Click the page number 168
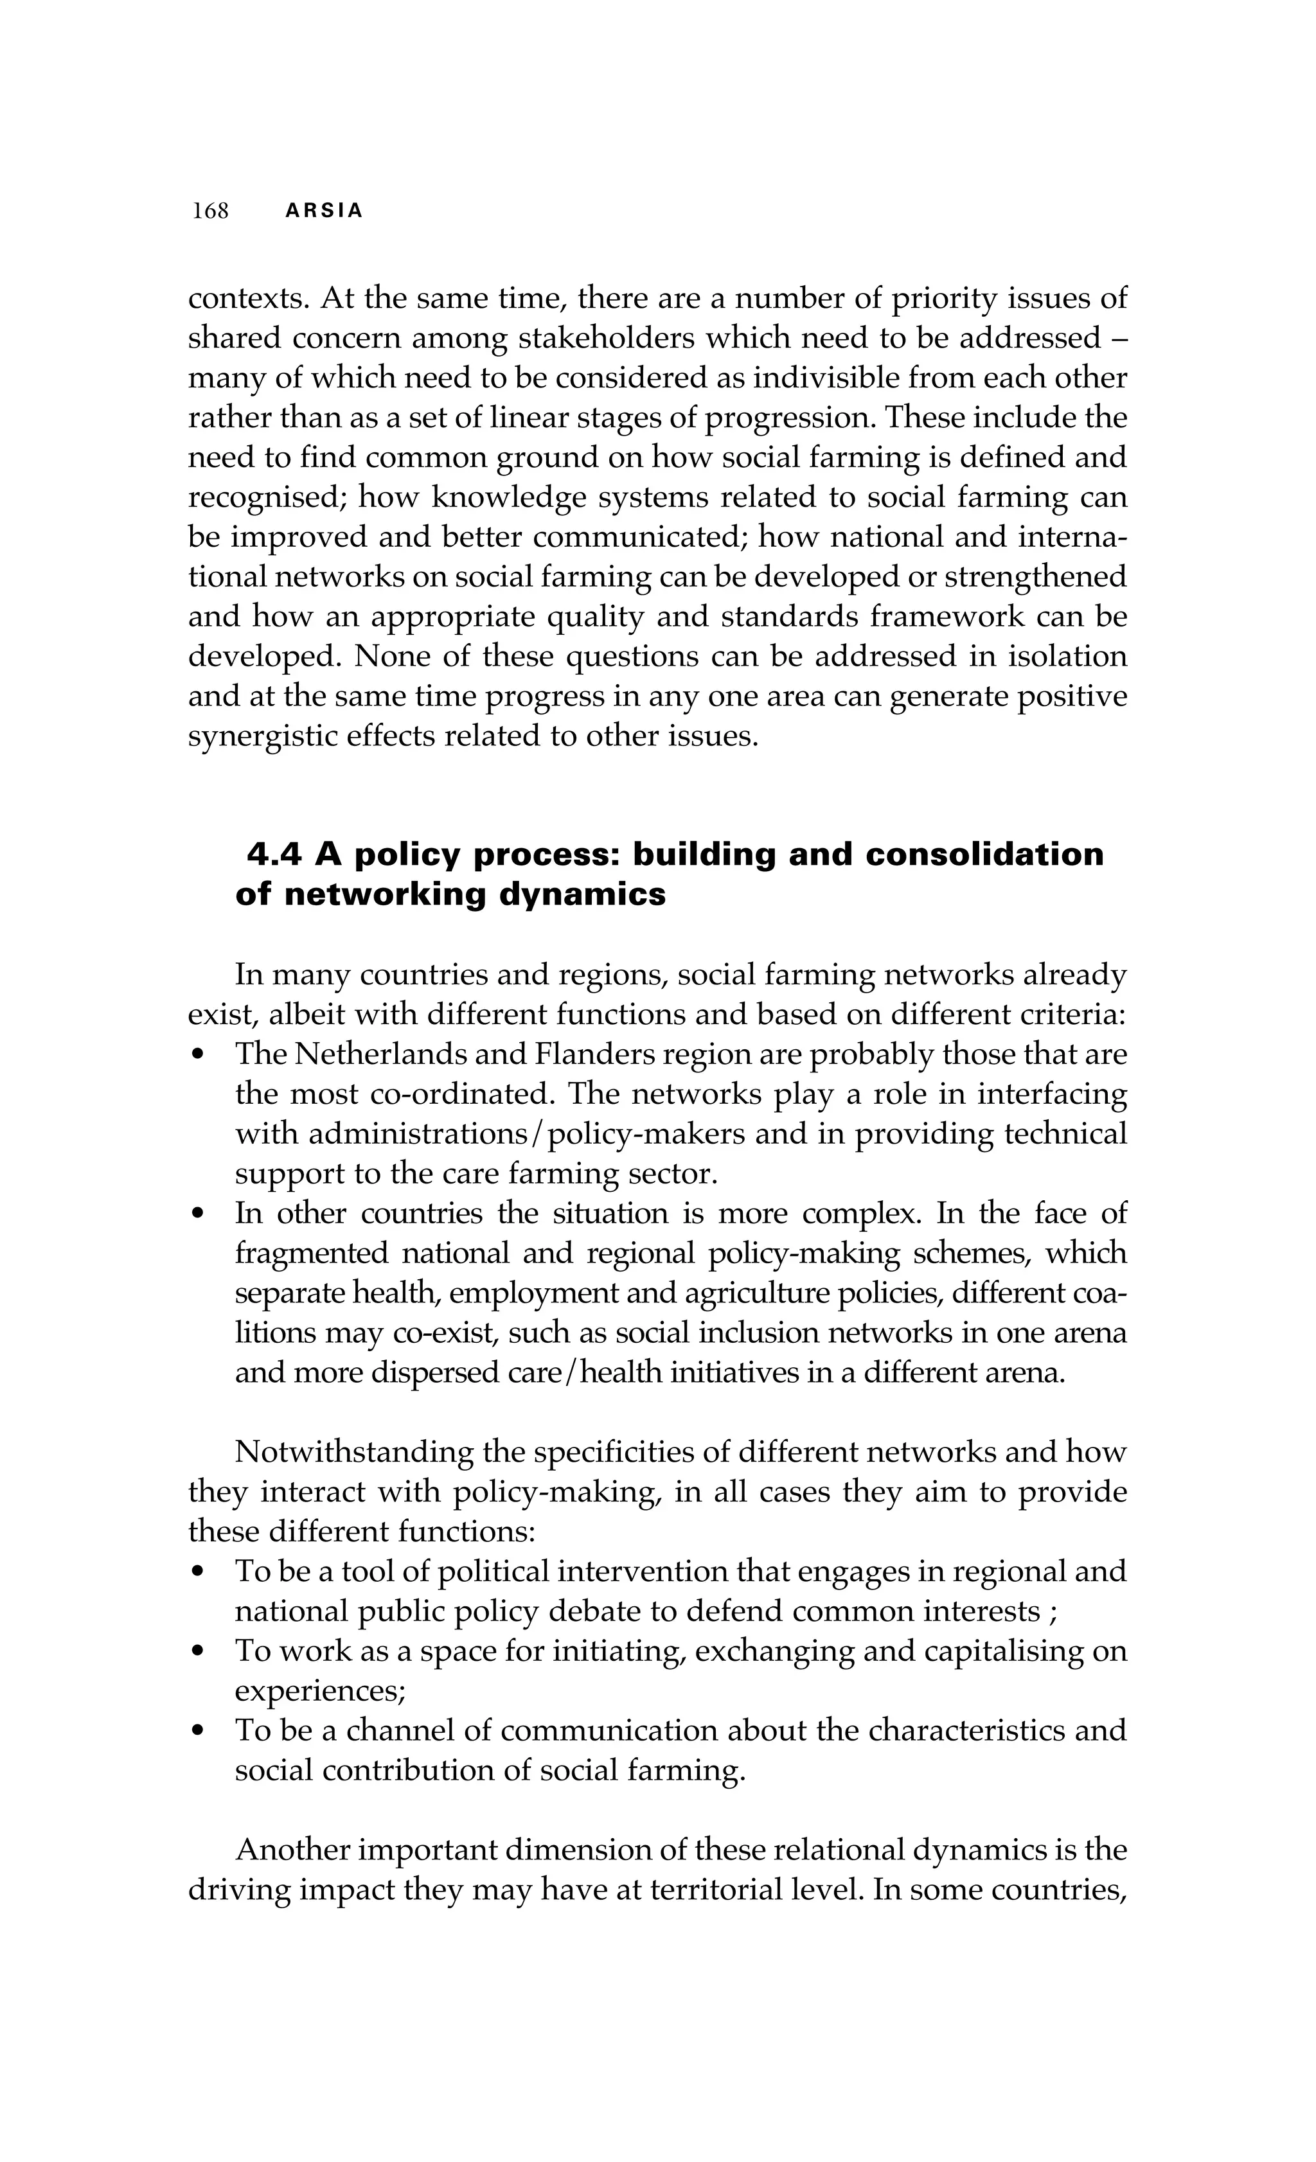[211, 211]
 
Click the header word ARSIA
[324, 211]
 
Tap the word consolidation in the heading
[984, 855]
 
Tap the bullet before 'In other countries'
[199, 1215]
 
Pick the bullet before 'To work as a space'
[199, 1653]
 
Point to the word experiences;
[319, 1691]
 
